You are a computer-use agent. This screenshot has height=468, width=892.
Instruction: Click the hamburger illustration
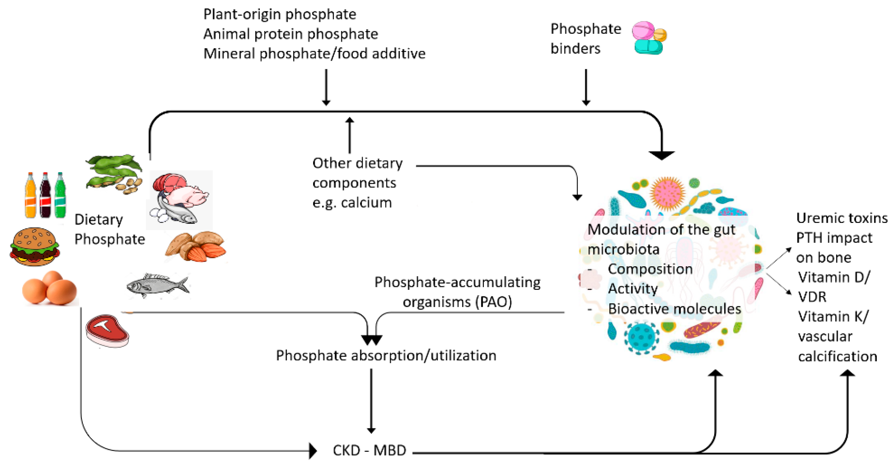click(x=35, y=247)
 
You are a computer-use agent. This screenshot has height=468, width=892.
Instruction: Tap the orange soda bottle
click(x=30, y=195)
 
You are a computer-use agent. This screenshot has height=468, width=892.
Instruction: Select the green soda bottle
click(x=60, y=195)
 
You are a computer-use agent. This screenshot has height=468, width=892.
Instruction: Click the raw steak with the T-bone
click(x=107, y=331)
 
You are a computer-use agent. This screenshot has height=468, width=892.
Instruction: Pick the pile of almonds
click(x=196, y=247)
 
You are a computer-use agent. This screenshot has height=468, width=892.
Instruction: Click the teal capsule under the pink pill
click(x=648, y=47)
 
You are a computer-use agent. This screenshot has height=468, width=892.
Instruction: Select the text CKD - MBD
click(x=369, y=450)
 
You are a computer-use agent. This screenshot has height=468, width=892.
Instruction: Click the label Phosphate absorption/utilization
click(x=386, y=355)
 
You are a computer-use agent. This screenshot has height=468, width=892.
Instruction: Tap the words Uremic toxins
click(x=841, y=218)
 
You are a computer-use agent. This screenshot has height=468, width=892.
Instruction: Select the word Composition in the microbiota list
click(x=650, y=269)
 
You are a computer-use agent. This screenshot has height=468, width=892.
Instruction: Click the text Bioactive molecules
click(x=674, y=309)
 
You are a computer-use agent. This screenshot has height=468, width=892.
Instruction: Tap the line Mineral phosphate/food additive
click(x=314, y=54)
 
